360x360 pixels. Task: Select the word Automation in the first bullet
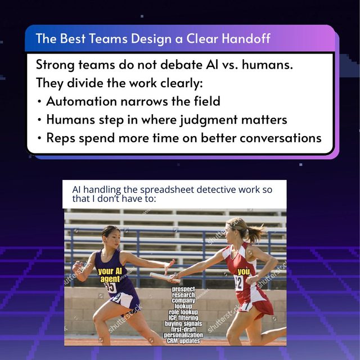(82, 101)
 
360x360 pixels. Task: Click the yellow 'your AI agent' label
(110, 275)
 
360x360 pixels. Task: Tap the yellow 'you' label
(244, 272)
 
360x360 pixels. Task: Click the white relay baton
(165, 277)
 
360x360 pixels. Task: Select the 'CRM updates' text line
(183, 341)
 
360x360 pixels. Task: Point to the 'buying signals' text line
(183, 323)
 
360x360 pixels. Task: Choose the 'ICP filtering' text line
(183, 318)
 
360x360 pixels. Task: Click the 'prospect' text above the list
(183, 289)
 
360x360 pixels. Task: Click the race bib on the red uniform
(238, 283)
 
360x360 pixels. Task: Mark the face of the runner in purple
(114, 238)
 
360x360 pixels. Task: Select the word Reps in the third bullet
(61, 138)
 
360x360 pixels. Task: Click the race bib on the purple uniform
(111, 287)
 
